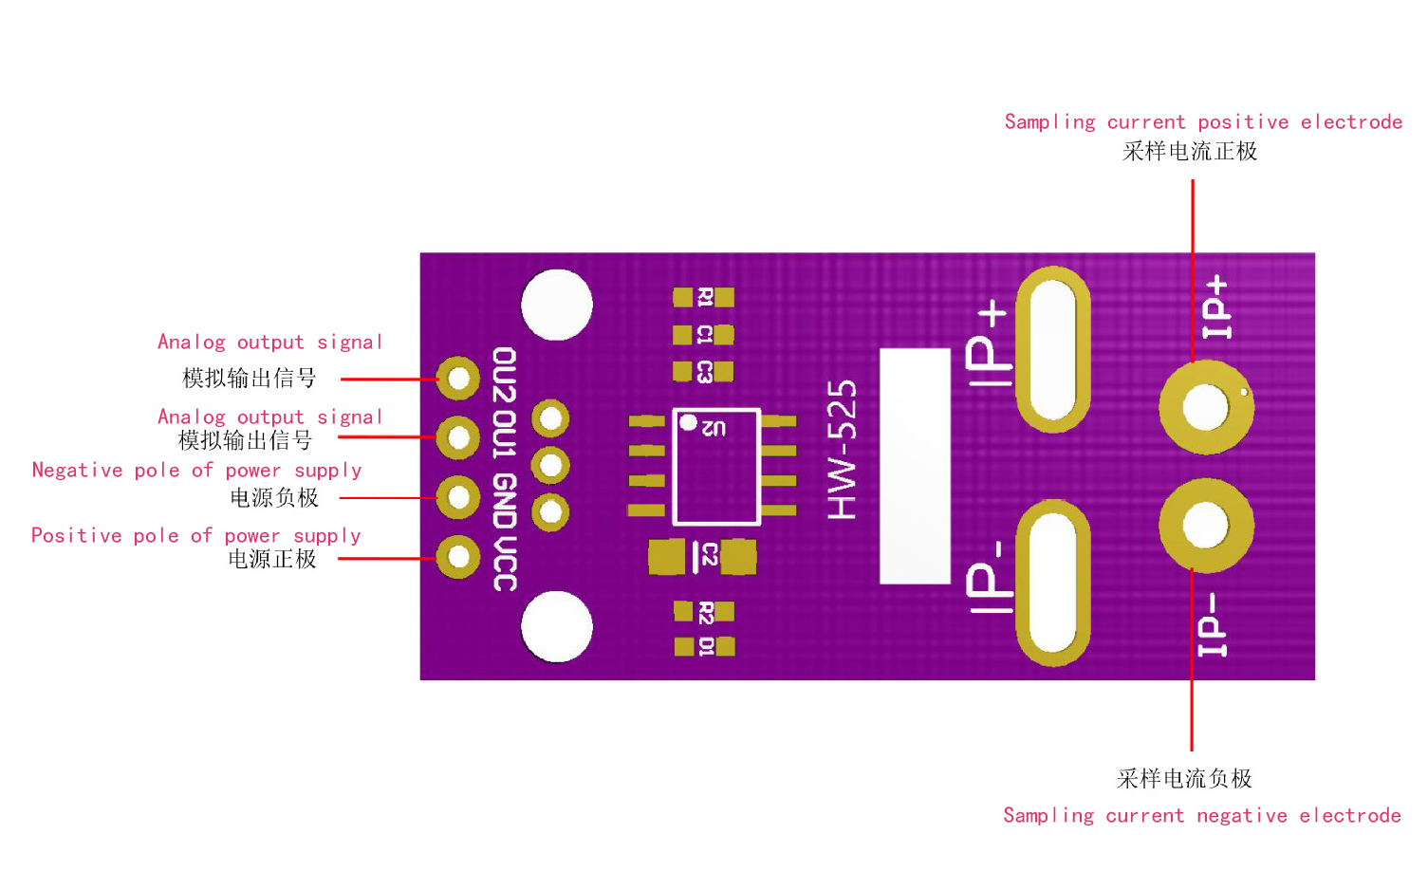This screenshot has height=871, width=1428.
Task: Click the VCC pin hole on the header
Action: click(457, 557)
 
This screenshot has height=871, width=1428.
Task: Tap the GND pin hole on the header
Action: click(457, 497)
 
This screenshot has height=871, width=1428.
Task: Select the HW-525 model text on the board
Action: click(843, 450)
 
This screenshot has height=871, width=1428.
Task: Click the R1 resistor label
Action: click(705, 297)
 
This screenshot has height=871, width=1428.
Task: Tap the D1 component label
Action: click(706, 646)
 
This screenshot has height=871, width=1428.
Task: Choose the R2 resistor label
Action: click(706, 612)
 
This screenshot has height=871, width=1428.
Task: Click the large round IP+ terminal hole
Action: click(1206, 407)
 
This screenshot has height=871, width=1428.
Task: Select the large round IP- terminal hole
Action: click(1206, 525)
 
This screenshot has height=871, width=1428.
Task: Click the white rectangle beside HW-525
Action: click(915, 466)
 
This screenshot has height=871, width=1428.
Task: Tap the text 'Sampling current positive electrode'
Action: click(1203, 121)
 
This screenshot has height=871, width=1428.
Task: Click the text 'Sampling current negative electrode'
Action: click(1201, 816)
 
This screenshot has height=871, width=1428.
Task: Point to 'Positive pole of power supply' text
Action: click(195, 536)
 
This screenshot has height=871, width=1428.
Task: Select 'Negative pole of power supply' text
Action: click(196, 471)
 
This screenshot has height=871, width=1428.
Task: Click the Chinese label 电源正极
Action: click(272, 559)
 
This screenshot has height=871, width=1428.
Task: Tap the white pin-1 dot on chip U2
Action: click(688, 422)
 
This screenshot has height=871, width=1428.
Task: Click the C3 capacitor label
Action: click(704, 372)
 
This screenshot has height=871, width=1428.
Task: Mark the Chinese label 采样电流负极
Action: click(1184, 779)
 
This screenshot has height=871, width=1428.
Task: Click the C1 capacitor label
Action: click(704, 335)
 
